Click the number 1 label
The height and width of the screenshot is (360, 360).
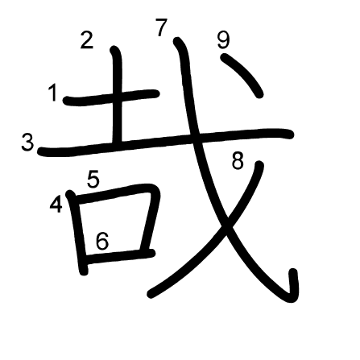click(x=54, y=93)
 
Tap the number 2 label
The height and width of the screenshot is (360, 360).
click(x=87, y=40)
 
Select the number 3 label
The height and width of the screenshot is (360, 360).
click(x=27, y=143)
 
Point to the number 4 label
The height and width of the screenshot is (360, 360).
click(x=56, y=204)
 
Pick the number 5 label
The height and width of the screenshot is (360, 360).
click(x=93, y=179)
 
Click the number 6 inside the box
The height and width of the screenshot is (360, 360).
click(x=102, y=241)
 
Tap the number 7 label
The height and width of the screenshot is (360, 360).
click(x=161, y=27)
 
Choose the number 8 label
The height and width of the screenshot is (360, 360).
click(x=238, y=160)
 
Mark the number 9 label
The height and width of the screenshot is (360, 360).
click(x=223, y=40)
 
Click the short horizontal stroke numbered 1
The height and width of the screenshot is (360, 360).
click(x=111, y=97)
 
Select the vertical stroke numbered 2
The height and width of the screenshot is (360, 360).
click(x=118, y=95)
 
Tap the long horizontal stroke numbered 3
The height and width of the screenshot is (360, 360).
click(x=165, y=141)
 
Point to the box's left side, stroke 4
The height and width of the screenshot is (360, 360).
click(x=78, y=232)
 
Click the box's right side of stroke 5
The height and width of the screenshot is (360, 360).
click(x=151, y=217)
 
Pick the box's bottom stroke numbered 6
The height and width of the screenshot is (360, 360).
click(x=119, y=256)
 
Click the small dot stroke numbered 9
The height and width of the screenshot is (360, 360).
click(x=242, y=75)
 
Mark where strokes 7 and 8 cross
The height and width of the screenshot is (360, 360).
click(x=228, y=220)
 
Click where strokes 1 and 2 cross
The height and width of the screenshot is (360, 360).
click(x=118, y=97)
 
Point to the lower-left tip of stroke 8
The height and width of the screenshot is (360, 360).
click(x=151, y=294)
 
